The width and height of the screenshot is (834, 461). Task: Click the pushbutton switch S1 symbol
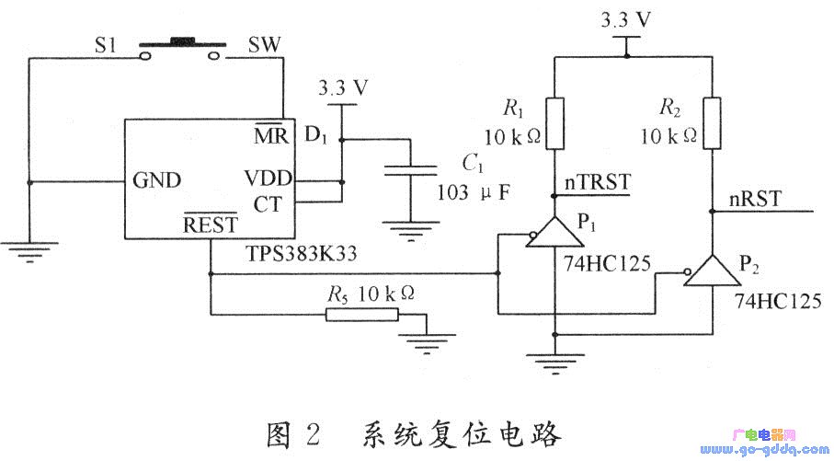tap(182, 48)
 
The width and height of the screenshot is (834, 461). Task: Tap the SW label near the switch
tap(264, 45)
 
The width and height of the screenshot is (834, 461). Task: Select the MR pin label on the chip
tap(270, 135)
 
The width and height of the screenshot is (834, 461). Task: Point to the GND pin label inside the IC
tap(157, 180)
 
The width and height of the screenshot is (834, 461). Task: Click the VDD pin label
tap(268, 178)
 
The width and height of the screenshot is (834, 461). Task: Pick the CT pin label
tap(268, 204)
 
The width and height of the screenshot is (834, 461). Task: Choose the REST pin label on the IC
tap(211, 225)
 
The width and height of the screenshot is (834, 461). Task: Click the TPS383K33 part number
tap(301, 253)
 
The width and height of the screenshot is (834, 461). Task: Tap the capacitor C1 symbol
tap(411, 170)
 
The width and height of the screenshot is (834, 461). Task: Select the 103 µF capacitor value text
tap(474, 192)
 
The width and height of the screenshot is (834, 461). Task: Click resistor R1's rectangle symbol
tap(555, 123)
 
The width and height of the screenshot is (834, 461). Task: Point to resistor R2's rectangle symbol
tap(713, 123)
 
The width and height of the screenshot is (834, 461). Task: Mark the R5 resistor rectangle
tap(361, 315)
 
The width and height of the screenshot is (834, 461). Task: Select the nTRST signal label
tap(598, 182)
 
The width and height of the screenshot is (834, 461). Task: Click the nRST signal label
tap(755, 199)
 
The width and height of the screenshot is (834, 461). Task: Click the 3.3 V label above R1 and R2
tap(626, 19)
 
